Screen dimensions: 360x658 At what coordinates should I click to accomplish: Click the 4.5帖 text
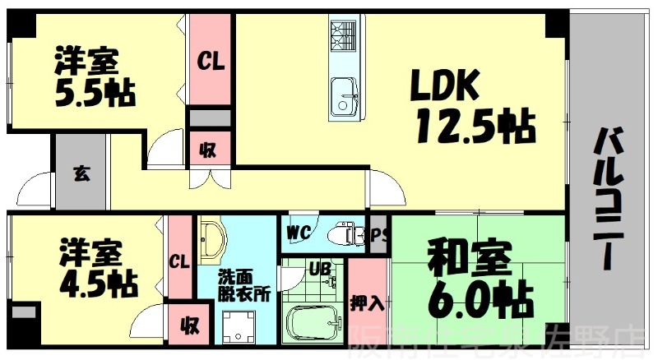coord(97,283)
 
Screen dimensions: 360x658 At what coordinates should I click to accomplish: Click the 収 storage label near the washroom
coord(190,325)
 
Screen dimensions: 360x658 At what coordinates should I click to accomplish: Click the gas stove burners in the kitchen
coord(341,35)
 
